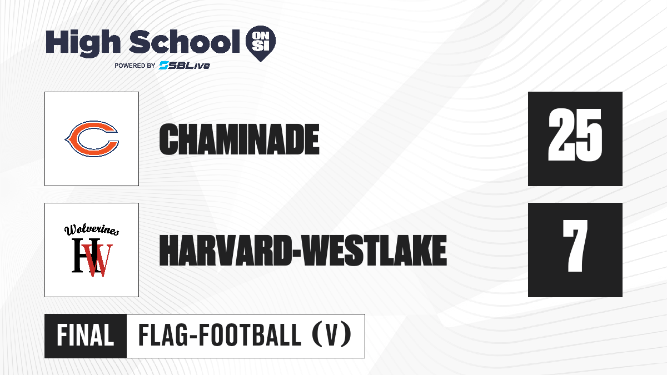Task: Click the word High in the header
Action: tap(83, 43)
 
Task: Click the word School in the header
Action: tap(185, 42)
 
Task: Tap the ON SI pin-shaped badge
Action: tap(261, 43)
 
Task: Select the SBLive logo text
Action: tap(185, 66)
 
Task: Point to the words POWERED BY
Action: tap(135, 66)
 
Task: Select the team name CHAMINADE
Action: tap(239, 139)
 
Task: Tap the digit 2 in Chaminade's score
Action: tap(561, 135)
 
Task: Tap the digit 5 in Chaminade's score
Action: tap(589, 135)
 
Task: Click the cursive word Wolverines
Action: tap(92, 230)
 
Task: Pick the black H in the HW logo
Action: tap(82, 255)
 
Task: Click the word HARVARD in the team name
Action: tap(225, 251)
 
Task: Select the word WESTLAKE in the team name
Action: tap(375, 251)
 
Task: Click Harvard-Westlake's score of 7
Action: tap(575, 246)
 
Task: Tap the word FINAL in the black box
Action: tap(86, 336)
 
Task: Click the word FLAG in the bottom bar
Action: tap(163, 336)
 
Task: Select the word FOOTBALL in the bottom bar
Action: tap(250, 336)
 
